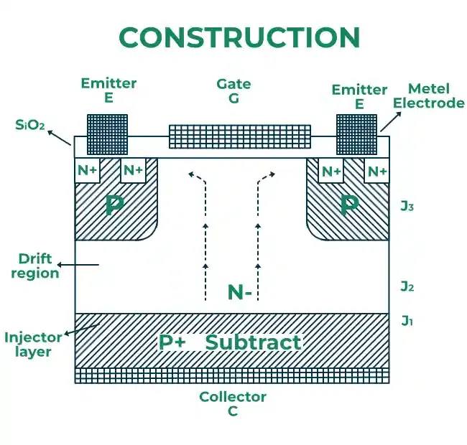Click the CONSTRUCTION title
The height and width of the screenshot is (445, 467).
click(239, 37)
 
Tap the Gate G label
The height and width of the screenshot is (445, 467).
click(234, 91)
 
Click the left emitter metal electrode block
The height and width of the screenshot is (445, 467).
click(107, 134)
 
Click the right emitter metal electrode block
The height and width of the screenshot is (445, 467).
click(357, 134)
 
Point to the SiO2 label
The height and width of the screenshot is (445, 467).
click(30, 126)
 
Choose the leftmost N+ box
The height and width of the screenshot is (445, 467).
click(88, 171)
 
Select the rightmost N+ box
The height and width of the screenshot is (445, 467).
click(378, 172)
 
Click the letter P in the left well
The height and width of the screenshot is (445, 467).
click(113, 205)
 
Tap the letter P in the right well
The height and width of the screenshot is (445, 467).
click(349, 205)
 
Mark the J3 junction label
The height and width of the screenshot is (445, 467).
click(407, 207)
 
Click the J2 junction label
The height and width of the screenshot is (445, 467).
click(407, 286)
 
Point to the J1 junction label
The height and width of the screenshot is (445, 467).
click(407, 320)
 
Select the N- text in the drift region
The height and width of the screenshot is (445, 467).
click(239, 292)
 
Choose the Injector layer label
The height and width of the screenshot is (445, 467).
click(27, 344)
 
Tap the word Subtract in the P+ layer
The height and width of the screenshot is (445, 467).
click(253, 342)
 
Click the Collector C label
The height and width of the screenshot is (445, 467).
click(233, 403)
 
